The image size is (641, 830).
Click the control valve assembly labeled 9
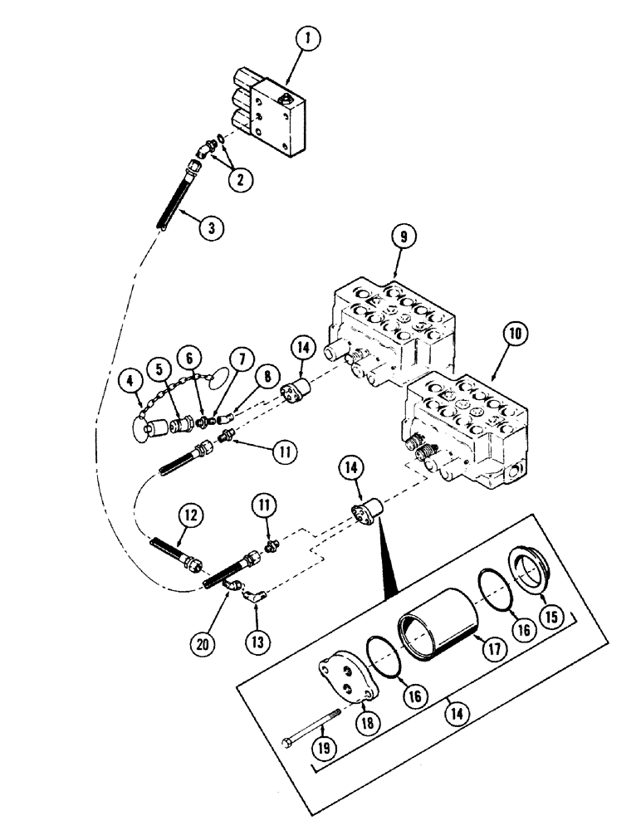390,329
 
